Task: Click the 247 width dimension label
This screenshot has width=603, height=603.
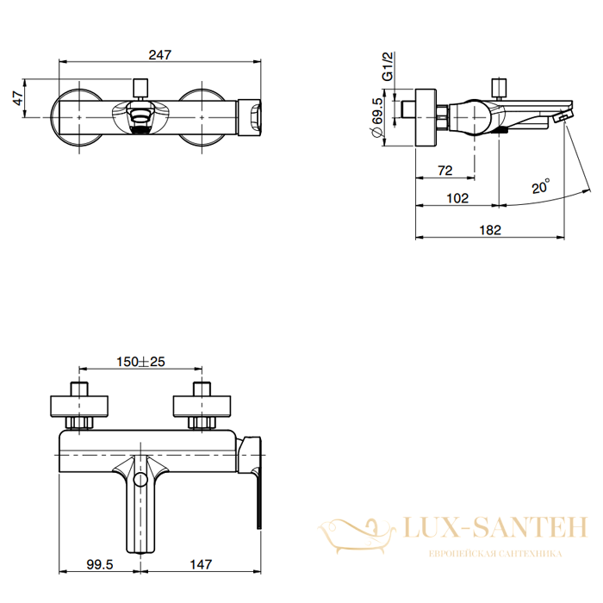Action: click(x=160, y=54)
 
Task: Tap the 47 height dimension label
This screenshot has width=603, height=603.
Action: click(x=18, y=97)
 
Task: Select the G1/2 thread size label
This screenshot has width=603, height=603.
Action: click(x=388, y=66)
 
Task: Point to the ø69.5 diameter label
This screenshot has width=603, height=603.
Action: click(x=376, y=117)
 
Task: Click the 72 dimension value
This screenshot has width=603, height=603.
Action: click(x=445, y=170)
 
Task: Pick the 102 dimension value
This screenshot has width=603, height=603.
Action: click(x=457, y=198)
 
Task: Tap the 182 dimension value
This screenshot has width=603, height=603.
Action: click(x=490, y=230)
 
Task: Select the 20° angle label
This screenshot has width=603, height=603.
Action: click(x=541, y=186)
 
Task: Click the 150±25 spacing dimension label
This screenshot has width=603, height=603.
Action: click(x=140, y=362)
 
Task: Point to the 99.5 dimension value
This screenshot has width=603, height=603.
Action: click(x=100, y=564)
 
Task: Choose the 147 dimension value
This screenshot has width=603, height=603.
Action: click(x=201, y=564)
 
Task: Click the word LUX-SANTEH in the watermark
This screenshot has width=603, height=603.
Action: click(x=495, y=527)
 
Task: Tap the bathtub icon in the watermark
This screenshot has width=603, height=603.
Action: click(x=357, y=535)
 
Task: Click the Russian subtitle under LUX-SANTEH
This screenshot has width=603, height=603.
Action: click(x=495, y=553)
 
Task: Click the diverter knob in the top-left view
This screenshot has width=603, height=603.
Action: click(x=140, y=88)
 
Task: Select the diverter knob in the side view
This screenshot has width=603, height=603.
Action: click(x=499, y=88)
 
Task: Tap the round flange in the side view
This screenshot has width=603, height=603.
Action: click(x=426, y=117)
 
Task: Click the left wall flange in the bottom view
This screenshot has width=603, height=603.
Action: click(x=79, y=406)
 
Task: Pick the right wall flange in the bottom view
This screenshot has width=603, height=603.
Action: click(x=202, y=406)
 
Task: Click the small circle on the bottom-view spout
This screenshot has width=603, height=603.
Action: click(x=140, y=479)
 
